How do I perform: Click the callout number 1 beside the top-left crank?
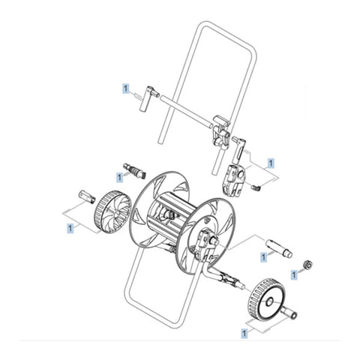point(125,88)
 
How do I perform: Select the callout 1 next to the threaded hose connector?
point(120,176)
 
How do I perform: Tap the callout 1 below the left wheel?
point(70,226)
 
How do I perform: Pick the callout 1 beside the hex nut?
point(295,276)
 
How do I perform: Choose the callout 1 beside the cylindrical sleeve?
point(263,257)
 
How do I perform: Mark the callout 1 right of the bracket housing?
point(271,161)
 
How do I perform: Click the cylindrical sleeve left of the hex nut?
point(279,244)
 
